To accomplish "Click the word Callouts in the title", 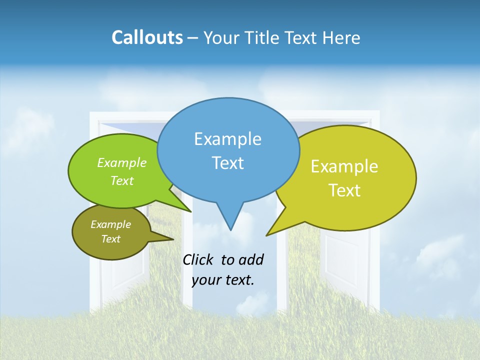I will (x=147, y=37).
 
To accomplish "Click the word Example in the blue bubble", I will (x=227, y=139).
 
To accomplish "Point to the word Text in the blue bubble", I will (x=227, y=162).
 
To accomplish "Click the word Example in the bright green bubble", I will (x=122, y=162).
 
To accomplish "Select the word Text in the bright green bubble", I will (x=122, y=180).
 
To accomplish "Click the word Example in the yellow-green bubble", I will (x=344, y=166).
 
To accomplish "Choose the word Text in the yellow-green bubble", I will (x=344, y=190).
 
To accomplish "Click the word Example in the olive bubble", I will (x=110, y=224).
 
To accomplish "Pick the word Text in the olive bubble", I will (x=110, y=239).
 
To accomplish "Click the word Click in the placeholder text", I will (x=198, y=259).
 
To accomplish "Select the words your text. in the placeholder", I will (x=223, y=280).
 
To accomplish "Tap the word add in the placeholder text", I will (x=251, y=259).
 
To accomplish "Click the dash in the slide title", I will (x=193, y=38).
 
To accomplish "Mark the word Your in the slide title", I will (x=222, y=37).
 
